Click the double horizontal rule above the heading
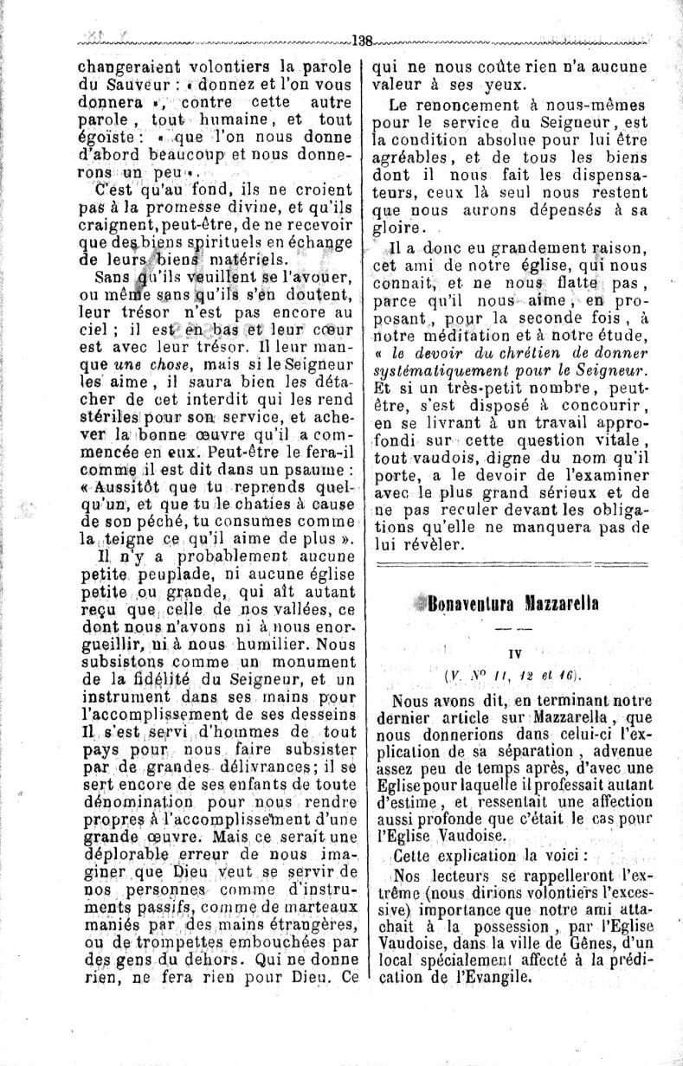515,565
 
